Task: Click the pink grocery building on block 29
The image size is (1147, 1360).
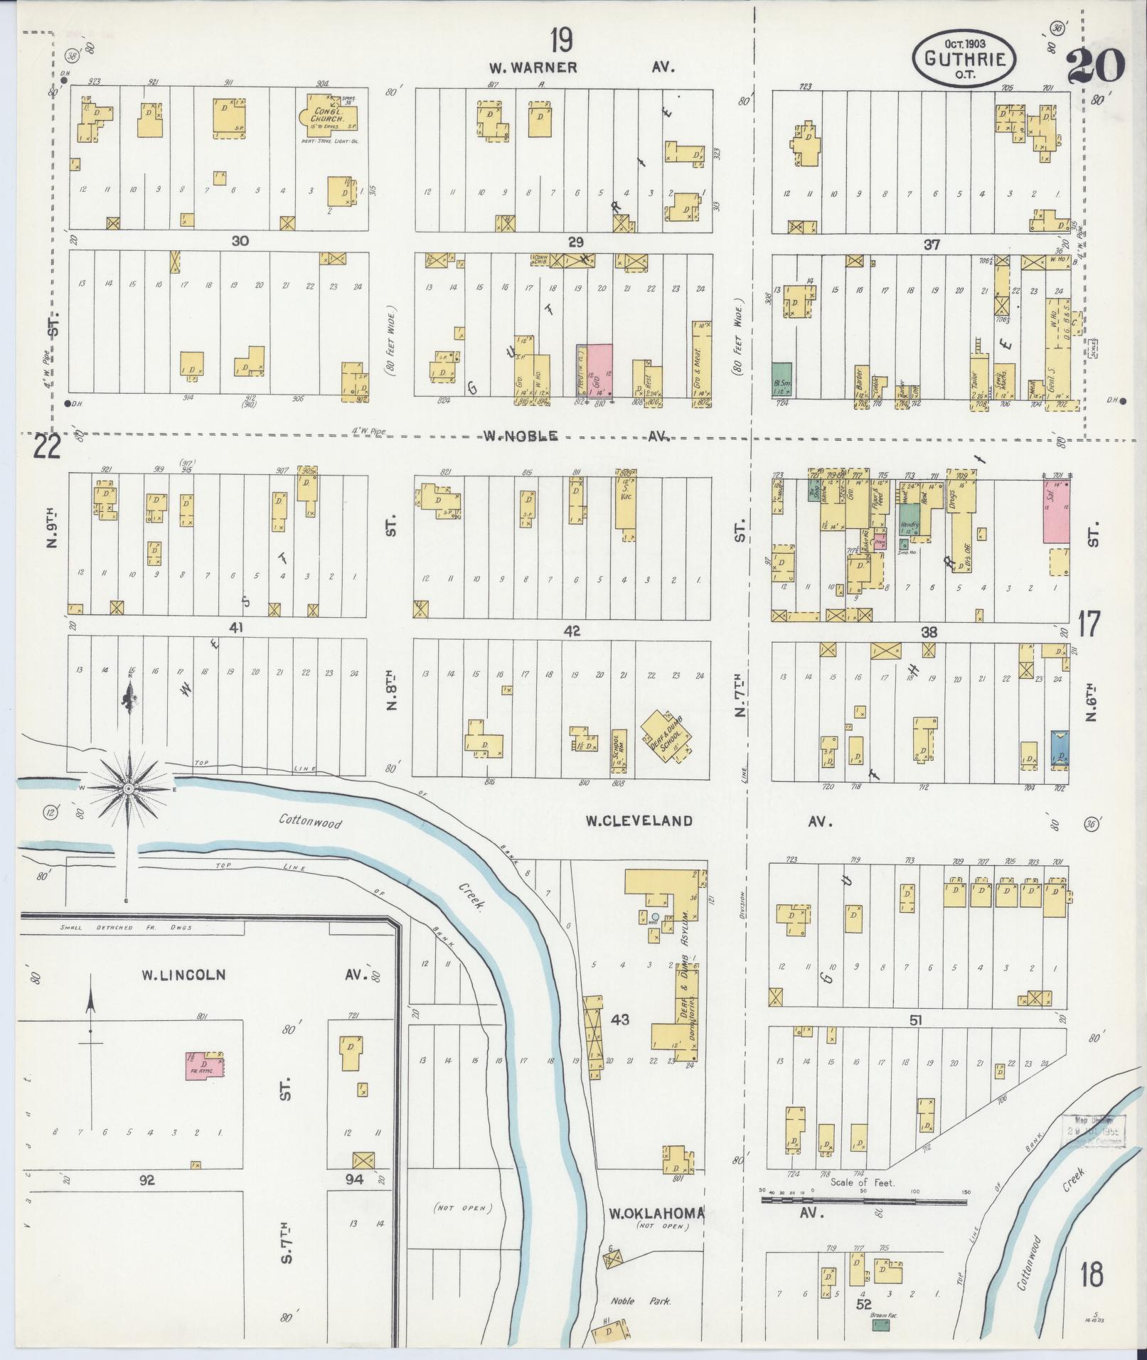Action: (x=599, y=370)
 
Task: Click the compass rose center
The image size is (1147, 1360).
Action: (x=128, y=789)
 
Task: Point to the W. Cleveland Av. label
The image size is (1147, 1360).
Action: (x=638, y=821)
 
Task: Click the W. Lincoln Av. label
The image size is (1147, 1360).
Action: (x=183, y=975)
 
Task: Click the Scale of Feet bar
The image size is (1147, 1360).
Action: (x=863, y=1200)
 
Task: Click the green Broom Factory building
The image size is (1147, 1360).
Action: (x=880, y=1325)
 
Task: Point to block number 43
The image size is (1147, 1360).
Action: (x=620, y=1019)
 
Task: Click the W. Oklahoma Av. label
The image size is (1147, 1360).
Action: (x=656, y=1214)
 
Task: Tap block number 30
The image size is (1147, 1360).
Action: (x=240, y=241)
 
